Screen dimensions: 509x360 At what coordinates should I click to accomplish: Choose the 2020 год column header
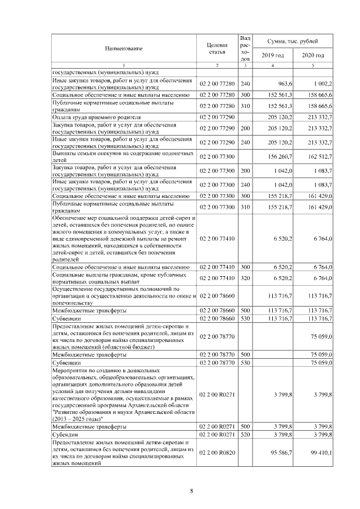[313, 55]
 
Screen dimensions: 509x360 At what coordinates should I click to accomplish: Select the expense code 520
[245, 435]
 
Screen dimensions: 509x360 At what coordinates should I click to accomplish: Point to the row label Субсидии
[65, 435]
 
